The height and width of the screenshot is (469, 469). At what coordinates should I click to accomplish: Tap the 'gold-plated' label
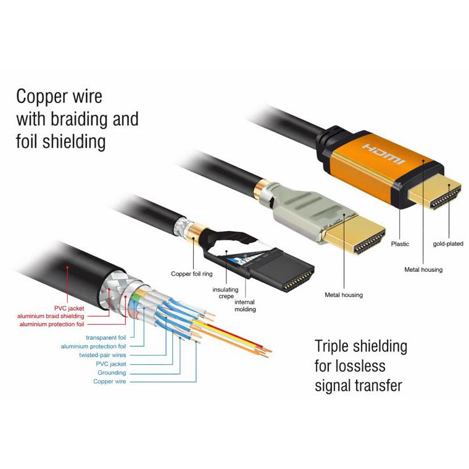[448, 244]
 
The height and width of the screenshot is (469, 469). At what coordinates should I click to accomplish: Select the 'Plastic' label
[400, 244]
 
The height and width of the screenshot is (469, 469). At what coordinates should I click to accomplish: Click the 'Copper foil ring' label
[192, 274]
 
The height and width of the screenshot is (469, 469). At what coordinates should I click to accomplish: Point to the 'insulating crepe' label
[225, 293]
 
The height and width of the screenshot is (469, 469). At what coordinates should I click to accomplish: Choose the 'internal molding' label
[245, 306]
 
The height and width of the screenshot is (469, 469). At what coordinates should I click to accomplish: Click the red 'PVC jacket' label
[69, 308]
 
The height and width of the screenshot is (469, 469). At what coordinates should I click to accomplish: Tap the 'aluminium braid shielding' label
[51, 316]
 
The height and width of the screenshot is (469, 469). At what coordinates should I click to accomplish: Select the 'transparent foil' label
[106, 338]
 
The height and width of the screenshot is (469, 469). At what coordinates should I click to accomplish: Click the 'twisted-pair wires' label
[102, 355]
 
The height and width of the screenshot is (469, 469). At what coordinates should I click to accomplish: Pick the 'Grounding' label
[112, 373]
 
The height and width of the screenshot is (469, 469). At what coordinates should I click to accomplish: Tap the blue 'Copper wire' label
[109, 381]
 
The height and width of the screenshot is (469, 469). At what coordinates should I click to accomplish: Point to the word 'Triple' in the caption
[331, 346]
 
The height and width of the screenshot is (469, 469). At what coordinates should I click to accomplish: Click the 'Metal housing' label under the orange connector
[423, 270]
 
